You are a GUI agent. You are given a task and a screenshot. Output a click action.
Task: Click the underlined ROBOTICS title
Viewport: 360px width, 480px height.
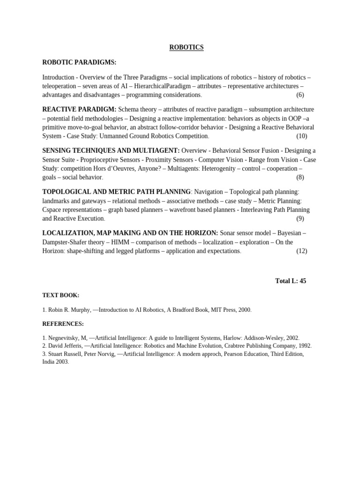click(186, 47)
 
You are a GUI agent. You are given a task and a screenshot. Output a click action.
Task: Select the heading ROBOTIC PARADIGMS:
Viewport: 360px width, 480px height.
click(79, 62)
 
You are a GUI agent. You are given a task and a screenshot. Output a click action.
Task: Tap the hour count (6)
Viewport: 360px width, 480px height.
click(300, 95)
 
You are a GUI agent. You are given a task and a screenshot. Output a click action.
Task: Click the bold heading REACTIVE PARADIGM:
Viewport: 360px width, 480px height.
click(79, 109)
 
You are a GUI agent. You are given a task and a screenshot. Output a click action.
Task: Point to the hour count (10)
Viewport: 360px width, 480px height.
click(301, 136)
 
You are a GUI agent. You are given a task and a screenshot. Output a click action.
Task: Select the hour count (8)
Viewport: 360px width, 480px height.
click(300, 178)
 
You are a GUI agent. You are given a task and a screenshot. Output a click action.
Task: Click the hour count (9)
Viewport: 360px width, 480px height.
click(300, 219)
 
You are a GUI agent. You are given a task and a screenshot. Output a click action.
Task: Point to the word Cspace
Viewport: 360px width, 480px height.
click(52, 210)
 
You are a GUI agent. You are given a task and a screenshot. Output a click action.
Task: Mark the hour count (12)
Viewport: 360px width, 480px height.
click(301, 251)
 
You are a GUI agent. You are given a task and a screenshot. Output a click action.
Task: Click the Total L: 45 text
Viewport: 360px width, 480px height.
click(290, 281)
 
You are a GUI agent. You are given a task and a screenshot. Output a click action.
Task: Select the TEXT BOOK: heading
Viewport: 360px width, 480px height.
click(60, 295)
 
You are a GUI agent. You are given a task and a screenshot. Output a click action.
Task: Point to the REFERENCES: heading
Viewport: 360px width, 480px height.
click(63, 324)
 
